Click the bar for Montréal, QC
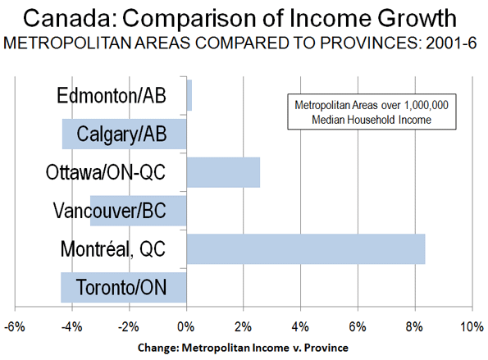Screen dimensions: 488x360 click(306, 249)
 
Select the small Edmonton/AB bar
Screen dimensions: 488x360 click(189, 95)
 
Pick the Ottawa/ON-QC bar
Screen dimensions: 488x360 click(223, 172)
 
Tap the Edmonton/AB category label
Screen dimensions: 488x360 click(112, 95)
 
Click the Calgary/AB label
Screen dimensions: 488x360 click(121, 134)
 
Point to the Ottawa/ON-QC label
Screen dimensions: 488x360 click(106, 172)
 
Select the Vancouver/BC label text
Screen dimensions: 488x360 click(110, 211)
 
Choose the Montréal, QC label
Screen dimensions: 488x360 click(113, 249)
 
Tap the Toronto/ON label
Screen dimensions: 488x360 click(121, 287)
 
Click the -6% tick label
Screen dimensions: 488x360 click(15, 327)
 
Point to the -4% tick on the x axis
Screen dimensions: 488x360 click(72, 327)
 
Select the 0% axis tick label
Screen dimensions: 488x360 click(186, 327)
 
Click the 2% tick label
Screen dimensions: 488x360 click(244, 327)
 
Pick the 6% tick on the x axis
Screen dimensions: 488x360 click(358, 327)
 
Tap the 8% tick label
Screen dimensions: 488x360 click(415, 327)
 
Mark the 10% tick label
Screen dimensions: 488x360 click(472, 327)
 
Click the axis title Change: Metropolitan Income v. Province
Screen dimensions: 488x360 click(243, 348)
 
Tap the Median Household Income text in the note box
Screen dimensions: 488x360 click(372, 120)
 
